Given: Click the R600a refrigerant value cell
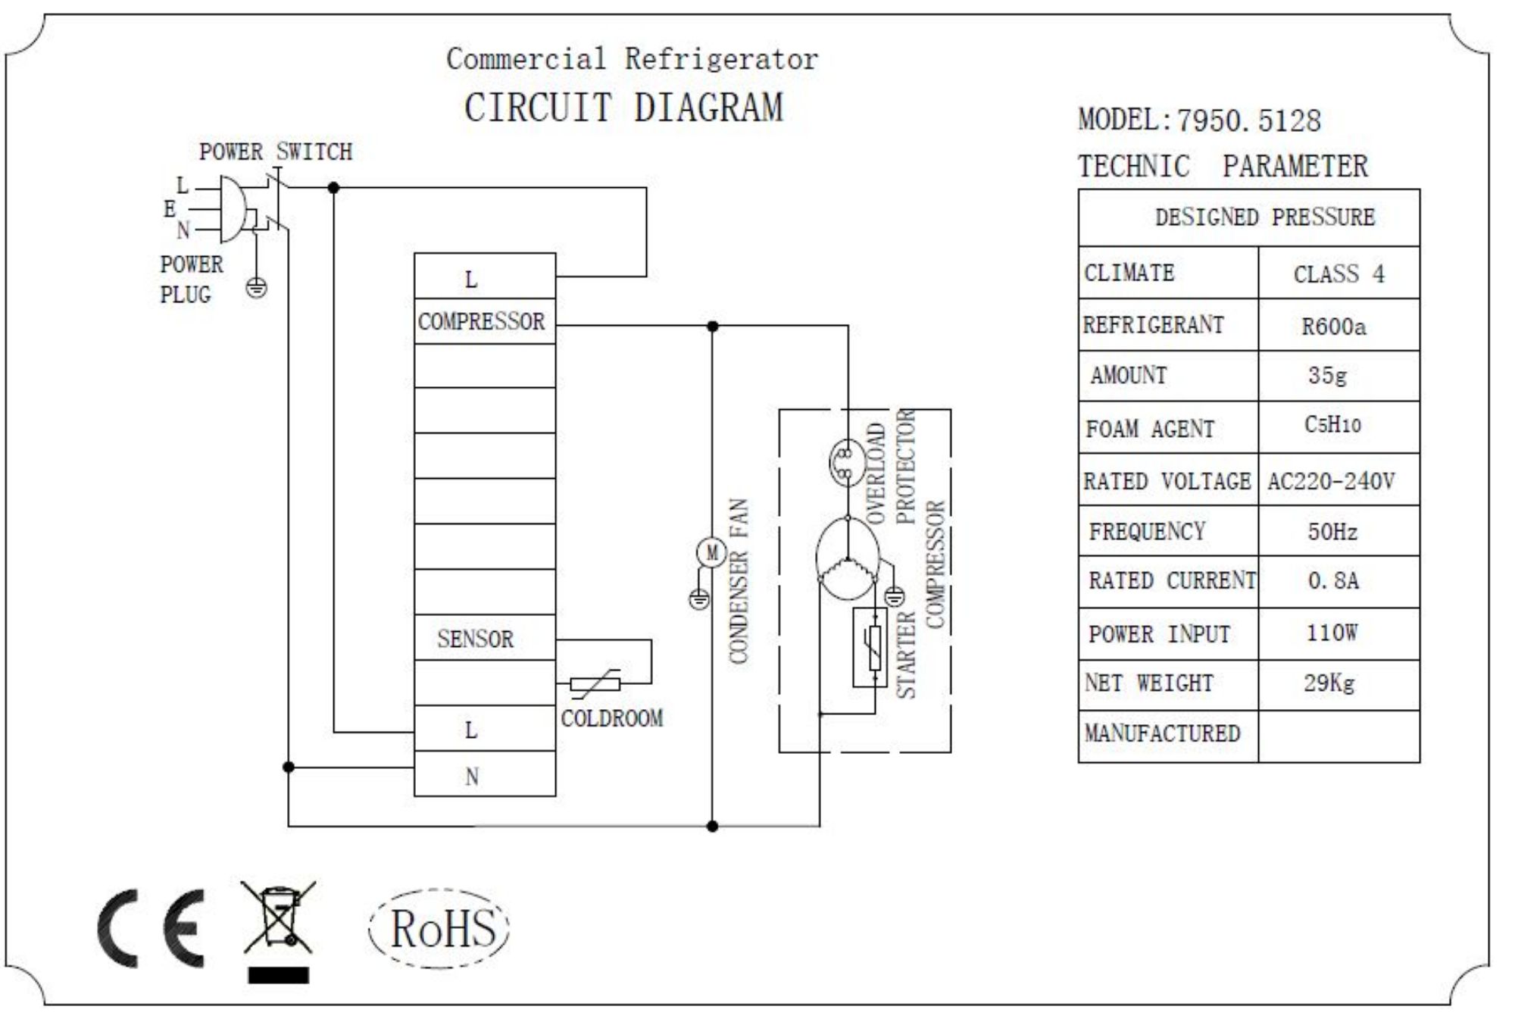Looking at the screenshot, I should [1333, 327].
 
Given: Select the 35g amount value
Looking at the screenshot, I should [1327, 376].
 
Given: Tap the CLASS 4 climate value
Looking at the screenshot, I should [1339, 274].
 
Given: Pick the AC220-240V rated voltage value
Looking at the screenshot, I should [1331, 481].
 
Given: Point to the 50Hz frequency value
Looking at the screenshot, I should [1332, 531].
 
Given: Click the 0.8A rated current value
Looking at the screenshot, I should [1333, 581].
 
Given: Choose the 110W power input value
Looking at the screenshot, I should [1332, 633].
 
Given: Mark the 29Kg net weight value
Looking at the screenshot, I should [1329, 683].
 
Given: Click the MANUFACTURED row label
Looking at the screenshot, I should [1162, 733].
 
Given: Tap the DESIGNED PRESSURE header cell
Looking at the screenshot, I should [1264, 217].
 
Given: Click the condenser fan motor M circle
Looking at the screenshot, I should [711, 553].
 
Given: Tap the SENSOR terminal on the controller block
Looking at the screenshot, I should [476, 639].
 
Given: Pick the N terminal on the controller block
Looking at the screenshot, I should [472, 776].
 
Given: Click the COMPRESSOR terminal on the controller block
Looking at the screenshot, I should [482, 322].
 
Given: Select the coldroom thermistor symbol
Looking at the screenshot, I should [595, 684].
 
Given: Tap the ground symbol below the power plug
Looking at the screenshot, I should [257, 288].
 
